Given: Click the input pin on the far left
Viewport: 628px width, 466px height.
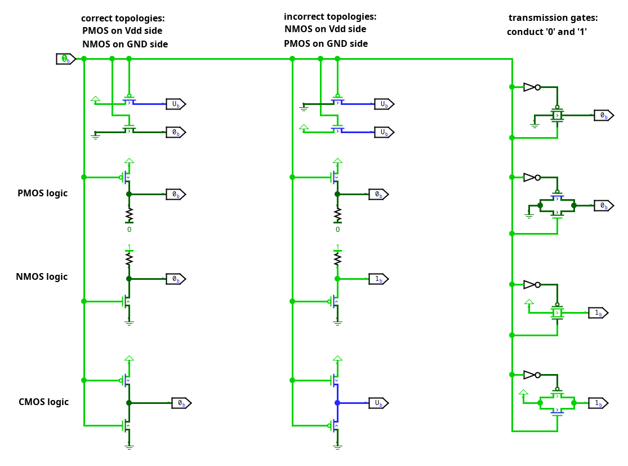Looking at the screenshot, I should pyautogui.click(x=65, y=59).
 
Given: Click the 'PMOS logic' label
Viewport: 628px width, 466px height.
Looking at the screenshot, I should pyautogui.click(x=42, y=193).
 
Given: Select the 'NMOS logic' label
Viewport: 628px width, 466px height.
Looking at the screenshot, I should pyautogui.click(x=42, y=276).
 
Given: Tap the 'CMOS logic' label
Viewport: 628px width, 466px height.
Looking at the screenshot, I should pyautogui.click(x=43, y=402).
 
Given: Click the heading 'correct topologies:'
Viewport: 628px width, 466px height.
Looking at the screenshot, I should pyautogui.click(x=123, y=18).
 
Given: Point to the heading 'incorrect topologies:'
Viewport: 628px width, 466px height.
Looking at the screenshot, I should pyautogui.click(x=330, y=16).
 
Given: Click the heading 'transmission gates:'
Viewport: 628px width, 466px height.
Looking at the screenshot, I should pyautogui.click(x=553, y=17).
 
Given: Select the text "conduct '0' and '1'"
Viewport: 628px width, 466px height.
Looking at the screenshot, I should pyautogui.click(x=547, y=32).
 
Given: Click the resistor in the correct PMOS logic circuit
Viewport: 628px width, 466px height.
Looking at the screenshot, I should pyautogui.click(x=129, y=214).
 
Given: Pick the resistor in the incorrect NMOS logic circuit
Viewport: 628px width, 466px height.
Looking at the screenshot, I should pyautogui.click(x=337, y=258).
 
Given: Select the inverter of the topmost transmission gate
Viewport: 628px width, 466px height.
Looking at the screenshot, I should pyautogui.click(x=531, y=87).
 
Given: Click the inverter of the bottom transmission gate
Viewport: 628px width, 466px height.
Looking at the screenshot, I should pyautogui.click(x=531, y=375).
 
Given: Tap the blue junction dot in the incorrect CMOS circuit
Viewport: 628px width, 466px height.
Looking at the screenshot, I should pyautogui.click(x=337, y=403).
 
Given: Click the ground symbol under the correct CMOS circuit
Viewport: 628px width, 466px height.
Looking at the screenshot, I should pyautogui.click(x=129, y=446).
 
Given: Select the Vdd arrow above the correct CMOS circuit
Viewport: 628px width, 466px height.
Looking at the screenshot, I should pyautogui.click(x=129, y=358).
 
